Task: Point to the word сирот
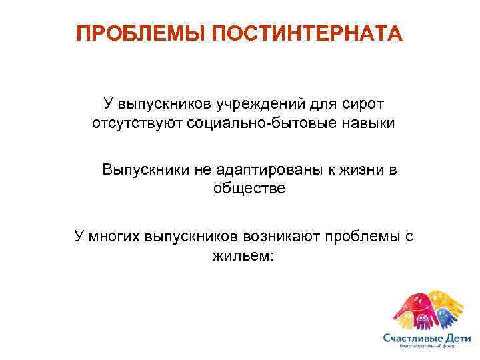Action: pos(363,104)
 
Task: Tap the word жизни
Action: pos(361,169)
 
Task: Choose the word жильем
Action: pos(239,254)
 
